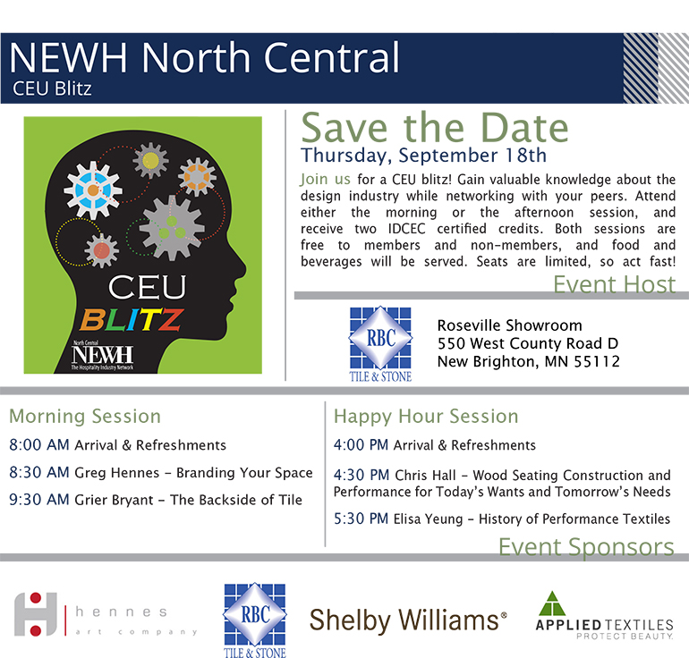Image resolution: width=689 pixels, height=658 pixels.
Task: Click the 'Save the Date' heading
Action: click(435, 128)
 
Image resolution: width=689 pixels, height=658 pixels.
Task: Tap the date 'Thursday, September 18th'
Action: click(423, 156)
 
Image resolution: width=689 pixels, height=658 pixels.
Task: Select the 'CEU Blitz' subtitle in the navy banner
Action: click(52, 89)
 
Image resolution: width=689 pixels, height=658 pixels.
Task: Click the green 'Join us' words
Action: click(325, 179)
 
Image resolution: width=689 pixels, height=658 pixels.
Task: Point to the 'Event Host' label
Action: click(615, 284)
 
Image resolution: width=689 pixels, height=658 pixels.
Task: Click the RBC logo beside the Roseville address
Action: click(380, 343)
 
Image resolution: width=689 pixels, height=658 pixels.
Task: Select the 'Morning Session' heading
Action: click(85, 416)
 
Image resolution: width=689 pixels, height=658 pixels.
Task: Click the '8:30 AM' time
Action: click(39, 472)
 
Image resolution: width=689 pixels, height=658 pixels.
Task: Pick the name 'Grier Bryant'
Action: click(114, 500)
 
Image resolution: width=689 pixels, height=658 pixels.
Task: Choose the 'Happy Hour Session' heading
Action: click(426, 416)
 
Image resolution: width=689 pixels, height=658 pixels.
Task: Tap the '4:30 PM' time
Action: click(362, 475)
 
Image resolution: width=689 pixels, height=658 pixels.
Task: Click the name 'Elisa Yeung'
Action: click(428, 519)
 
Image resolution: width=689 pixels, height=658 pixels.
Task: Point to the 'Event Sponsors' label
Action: click(586, 547)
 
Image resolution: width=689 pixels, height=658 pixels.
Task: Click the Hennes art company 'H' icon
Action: click(36, 614)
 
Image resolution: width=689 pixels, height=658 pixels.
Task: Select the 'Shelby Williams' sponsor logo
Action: click(408, 620)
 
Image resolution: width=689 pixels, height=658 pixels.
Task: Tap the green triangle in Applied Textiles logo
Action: click(552, 603)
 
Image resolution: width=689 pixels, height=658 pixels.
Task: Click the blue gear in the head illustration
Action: click(93, 190)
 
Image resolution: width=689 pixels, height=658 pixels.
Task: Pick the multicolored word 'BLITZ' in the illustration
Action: click(132, 319)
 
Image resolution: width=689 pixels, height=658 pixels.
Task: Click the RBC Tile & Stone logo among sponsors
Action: click(255, 620)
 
